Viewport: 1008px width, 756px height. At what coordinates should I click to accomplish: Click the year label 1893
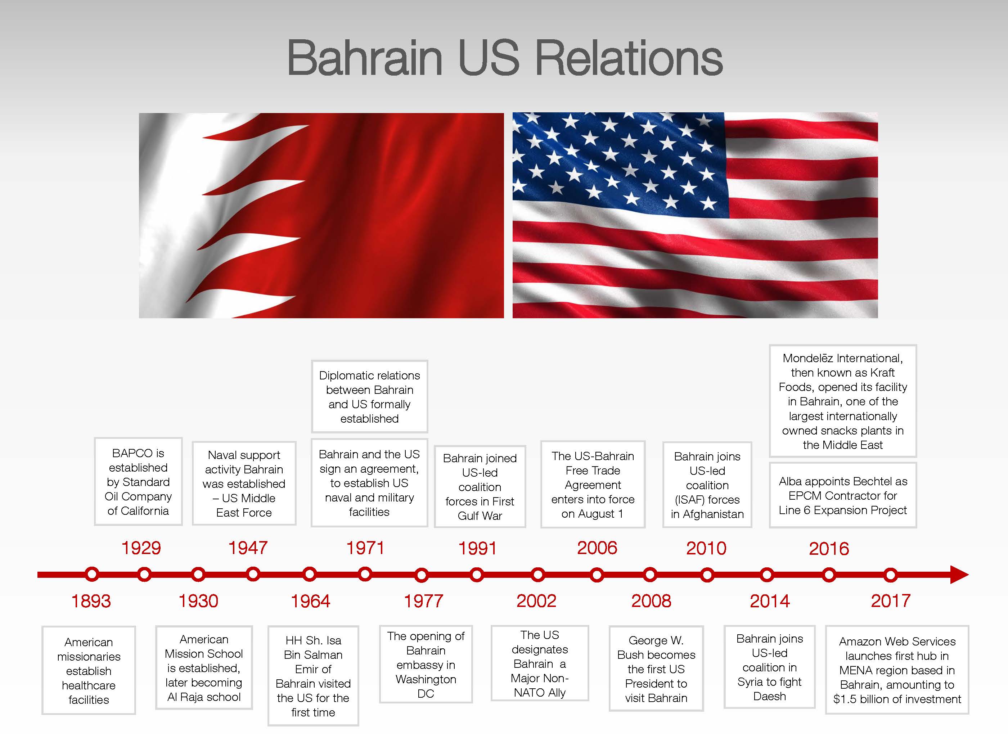click(x=91, y=601)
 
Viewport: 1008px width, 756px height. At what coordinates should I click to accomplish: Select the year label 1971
click(x=365, y=548)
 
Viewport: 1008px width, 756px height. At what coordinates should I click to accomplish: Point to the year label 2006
click(x=597, y=548)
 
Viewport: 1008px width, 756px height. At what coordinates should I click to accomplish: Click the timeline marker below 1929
click(x=144, y=574)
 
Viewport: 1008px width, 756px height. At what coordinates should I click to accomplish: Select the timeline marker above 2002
click(x=538, y=575)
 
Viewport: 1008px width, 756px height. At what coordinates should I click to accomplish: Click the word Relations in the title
click(x=629, y=58)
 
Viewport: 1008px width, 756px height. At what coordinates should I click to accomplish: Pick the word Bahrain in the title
click(x=365, y=58)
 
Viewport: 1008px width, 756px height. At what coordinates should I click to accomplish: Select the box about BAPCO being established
click(x=138, y=482)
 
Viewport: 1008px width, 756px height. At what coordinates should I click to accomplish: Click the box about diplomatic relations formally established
click(x=370, y=396)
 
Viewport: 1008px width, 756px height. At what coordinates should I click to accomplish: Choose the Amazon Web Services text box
click(x=897, y=670)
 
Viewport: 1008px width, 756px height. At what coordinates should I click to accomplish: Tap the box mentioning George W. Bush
click(x=656, y=669)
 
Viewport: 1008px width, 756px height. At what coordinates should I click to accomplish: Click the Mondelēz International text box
click(x=843, y=401)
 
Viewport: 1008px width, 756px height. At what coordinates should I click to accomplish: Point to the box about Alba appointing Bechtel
click(x=843, y=495)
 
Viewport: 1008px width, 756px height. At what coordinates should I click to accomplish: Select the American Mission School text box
click(x=204, y=667)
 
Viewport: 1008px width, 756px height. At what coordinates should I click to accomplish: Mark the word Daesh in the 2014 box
click(x=769, y=696)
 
